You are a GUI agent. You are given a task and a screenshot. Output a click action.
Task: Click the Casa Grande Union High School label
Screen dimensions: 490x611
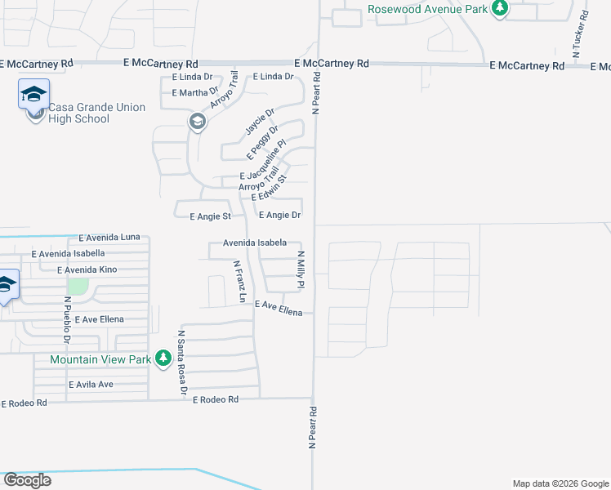[96, 113]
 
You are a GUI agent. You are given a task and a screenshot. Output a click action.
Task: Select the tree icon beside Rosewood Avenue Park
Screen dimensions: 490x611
[499, 9]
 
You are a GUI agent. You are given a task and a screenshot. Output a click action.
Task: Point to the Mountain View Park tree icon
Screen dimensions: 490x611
[163, 359]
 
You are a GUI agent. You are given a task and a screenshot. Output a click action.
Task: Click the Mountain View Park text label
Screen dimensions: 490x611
[100, 359]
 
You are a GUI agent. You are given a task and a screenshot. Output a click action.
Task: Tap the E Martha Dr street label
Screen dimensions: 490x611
[195, 93]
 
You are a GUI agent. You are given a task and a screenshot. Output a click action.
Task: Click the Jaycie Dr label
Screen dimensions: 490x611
[260, 121]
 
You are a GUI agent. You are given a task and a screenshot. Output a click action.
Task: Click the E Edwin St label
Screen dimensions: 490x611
[270, 187]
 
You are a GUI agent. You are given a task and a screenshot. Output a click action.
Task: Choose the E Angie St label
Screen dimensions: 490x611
[211, 217]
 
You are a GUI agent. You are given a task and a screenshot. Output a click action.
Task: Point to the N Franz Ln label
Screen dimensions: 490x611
[239, 282]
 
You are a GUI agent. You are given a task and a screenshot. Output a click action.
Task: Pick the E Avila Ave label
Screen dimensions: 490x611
[91, 385]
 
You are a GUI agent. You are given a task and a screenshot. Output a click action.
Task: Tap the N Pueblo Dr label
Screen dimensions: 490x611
[68, 318]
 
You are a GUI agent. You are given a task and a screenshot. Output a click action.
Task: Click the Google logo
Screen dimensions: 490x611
[27, 480]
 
